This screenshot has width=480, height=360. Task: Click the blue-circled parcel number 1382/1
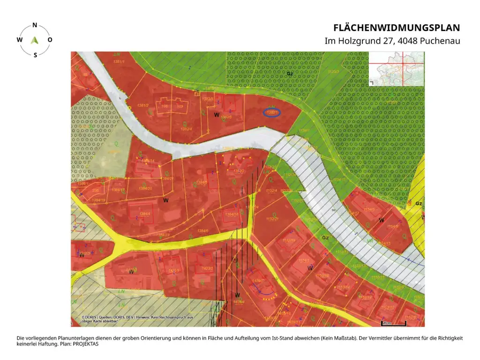tap(272, 112)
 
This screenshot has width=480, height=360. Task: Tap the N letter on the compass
tap(35, 26)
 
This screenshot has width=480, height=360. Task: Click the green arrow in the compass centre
tap(34, 40)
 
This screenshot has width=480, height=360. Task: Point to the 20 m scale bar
tap(393, 323)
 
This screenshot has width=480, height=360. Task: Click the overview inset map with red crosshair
tap(397, 68)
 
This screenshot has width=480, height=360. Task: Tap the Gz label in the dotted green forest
tap(290, 74)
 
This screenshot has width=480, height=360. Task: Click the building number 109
tap(179, 106)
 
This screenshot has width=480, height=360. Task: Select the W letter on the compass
tap(19, 40)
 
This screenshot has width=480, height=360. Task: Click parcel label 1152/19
tap(288, 240)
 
